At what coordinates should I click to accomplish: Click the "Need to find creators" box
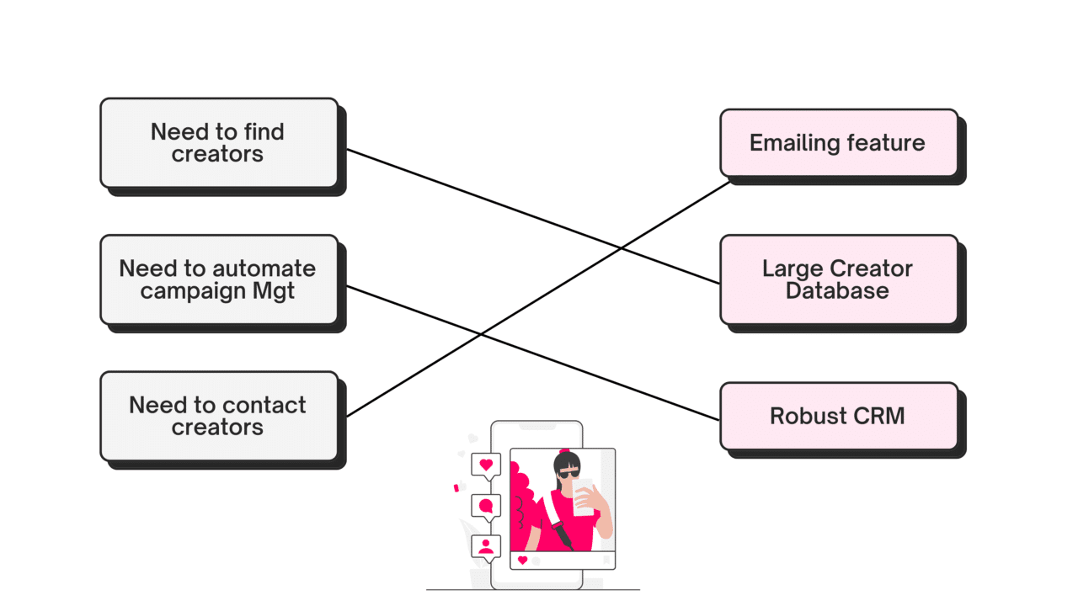click(x=218, y=143)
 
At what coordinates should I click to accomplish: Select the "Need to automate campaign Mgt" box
click(x=218, y=279)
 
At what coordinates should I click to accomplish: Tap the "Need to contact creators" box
click(x=218, y=416)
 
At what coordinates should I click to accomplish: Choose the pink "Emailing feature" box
click(x=838, y=143)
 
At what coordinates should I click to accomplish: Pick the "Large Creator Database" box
click(x=838, y=279)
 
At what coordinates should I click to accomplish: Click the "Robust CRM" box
click(x=838, y=416)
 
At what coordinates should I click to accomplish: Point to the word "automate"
click(x=264, y=268)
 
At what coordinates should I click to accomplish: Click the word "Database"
click(x=837, y=291)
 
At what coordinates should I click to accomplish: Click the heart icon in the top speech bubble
click(x=486, y=465)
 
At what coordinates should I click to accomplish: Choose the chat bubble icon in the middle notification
click(x=486, y=506)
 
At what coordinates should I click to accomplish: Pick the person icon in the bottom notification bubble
click(x=486, y=546)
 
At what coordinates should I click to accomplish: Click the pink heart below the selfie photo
click(x=522, y=561)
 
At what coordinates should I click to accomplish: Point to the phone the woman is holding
click(x=583, y=497)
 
